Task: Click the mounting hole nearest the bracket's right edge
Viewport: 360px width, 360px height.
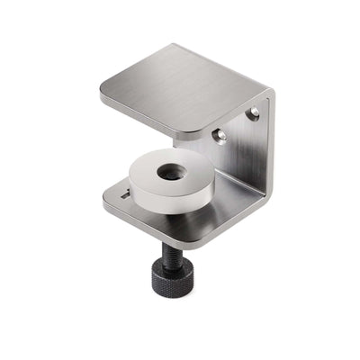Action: pos(254,113)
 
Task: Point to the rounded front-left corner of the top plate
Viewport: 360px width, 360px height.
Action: pos(104,94)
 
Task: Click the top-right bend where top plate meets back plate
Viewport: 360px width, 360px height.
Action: pos(266,92)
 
